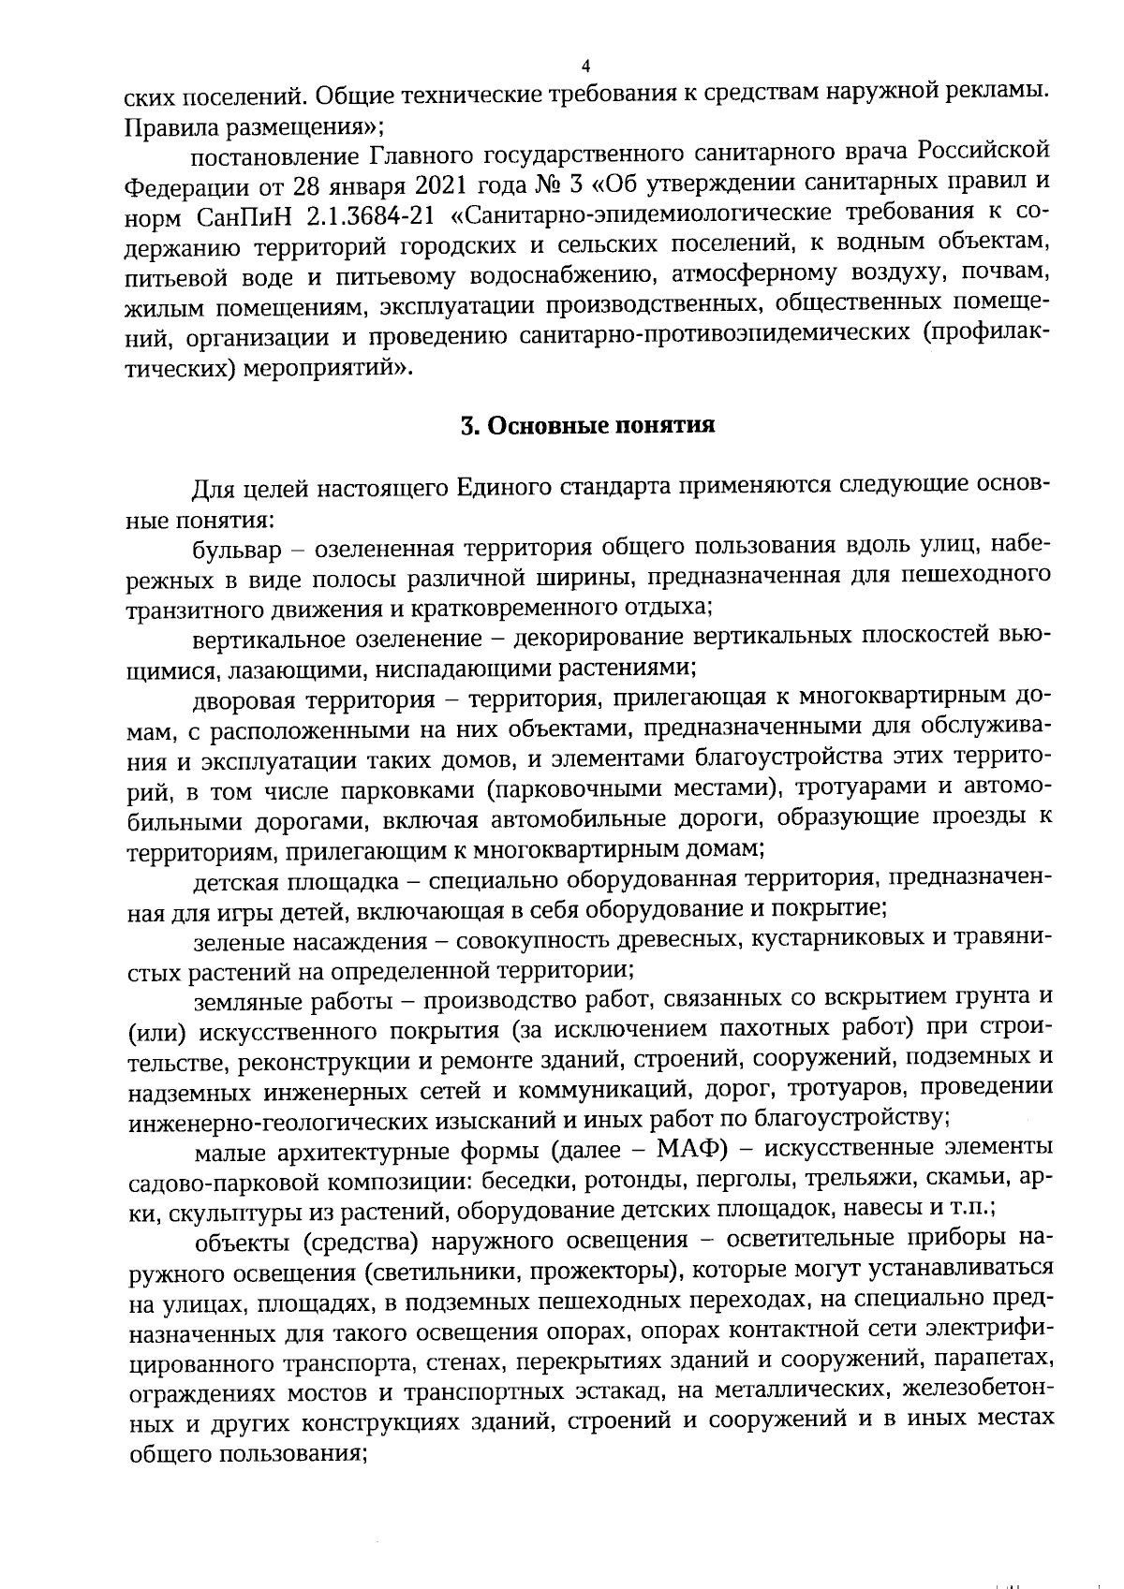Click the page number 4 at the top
click(585, 66)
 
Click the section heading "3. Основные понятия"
click(587, 426)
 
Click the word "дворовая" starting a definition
click(237, 699)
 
